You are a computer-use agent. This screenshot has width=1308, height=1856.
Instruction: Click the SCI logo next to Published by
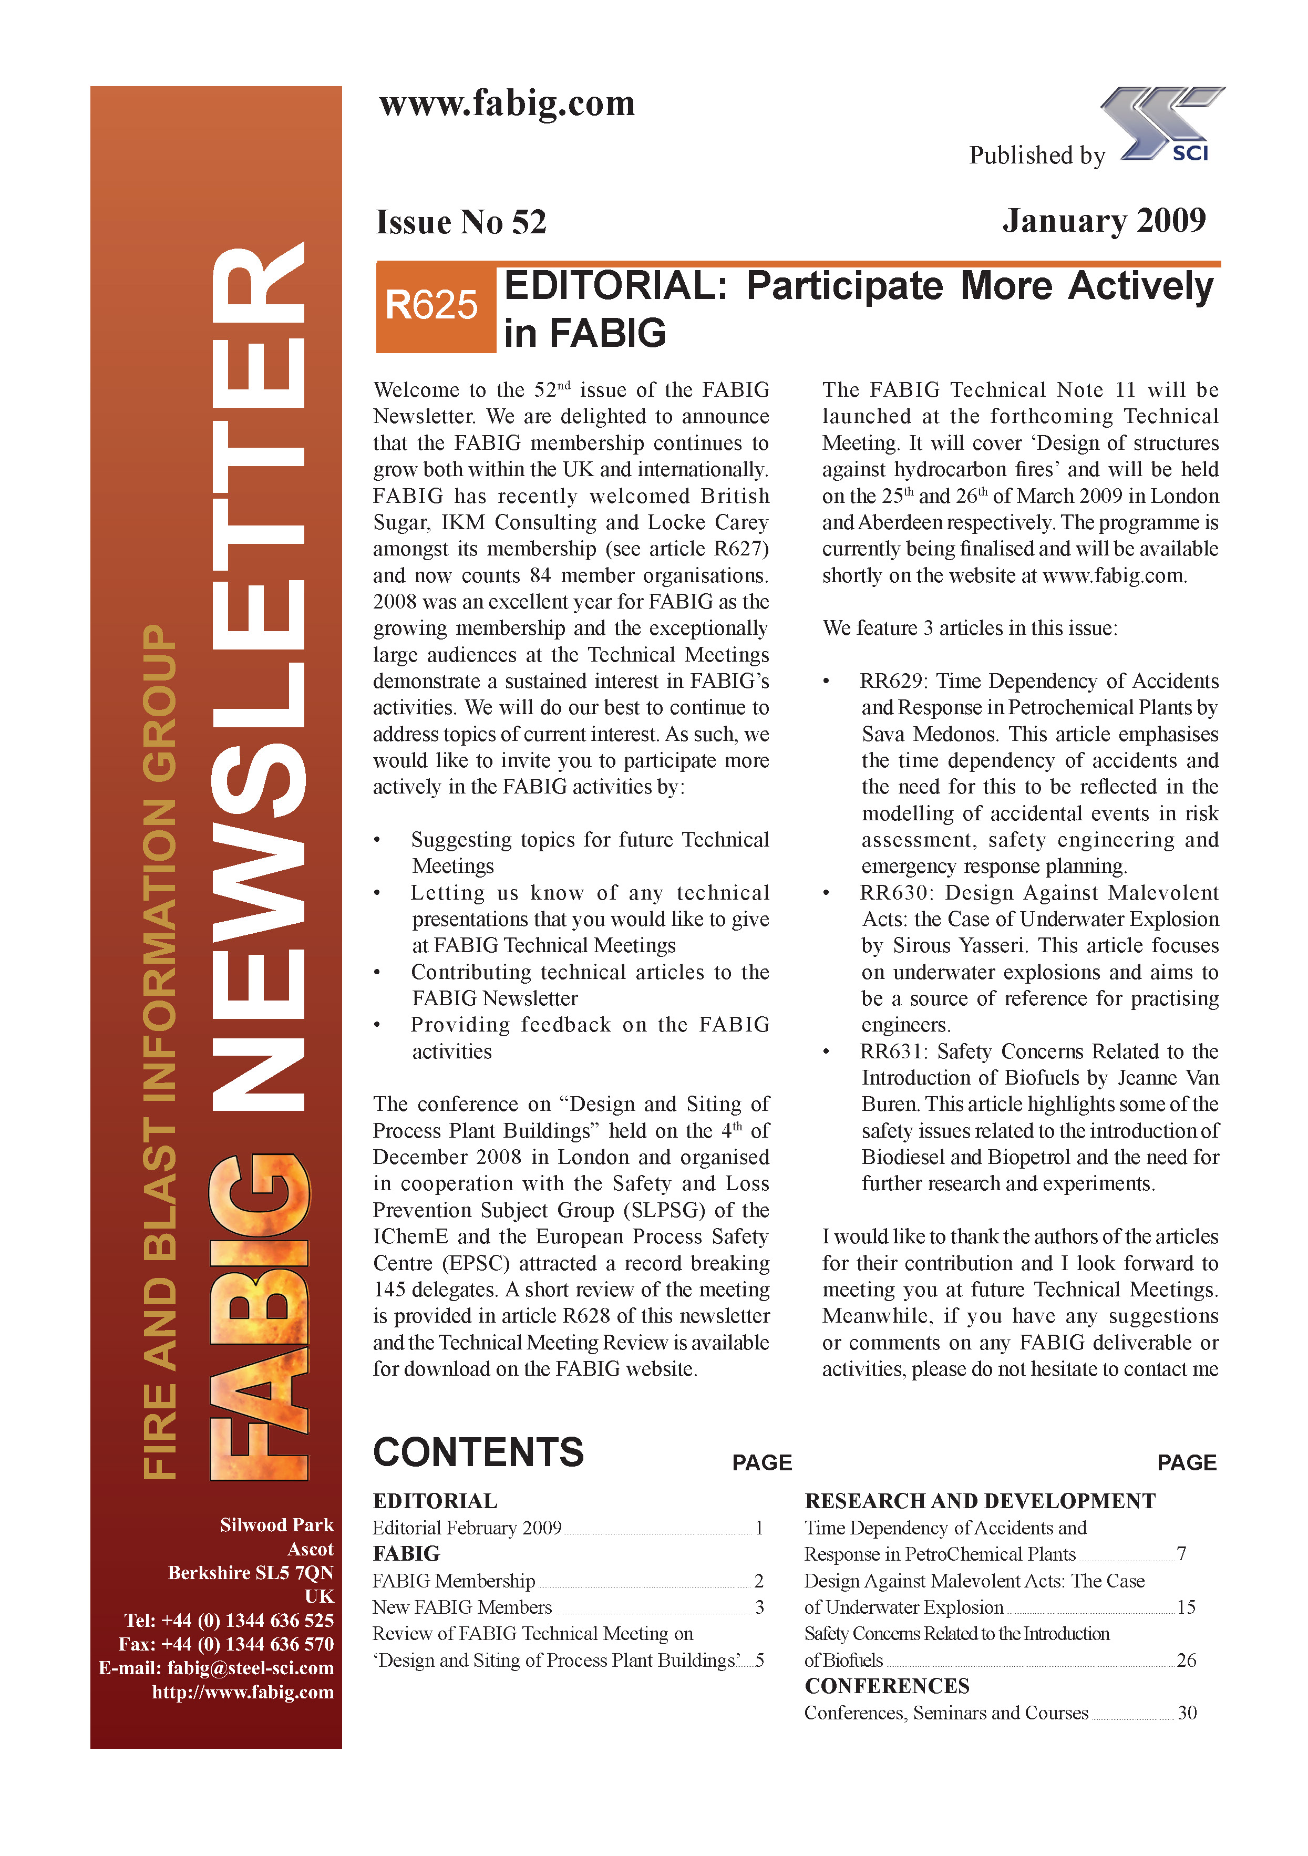click(x=1164, y=125)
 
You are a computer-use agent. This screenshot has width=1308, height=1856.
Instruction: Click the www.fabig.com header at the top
click(x=507, y=104)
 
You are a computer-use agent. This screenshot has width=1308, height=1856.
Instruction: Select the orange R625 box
click(x=435, y=306)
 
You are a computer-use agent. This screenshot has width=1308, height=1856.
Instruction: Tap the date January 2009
click(x=1104, y=221)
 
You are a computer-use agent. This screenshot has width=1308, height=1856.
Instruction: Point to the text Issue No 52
click(x=461, y=222)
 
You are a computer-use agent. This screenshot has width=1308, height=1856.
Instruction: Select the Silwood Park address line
click(x=276, y=1524)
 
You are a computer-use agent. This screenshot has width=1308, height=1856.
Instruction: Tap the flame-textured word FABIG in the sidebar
click(x=259, y=1317)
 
